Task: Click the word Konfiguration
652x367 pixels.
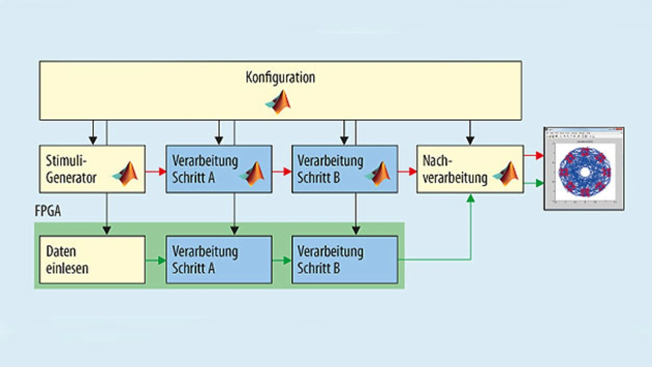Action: (281, 77)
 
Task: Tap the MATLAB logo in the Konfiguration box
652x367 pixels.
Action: (279, 102)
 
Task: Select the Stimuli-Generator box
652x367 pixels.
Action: (92, 169)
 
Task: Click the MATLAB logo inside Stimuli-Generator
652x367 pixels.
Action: (126, 173)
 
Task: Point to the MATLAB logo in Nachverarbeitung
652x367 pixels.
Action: (506, 174)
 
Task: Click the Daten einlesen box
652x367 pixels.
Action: (92, 260)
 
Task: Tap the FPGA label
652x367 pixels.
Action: (48, 211)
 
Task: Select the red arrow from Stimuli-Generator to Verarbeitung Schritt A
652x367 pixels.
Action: (155, 172)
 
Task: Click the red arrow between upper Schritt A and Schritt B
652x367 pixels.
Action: (281, 172)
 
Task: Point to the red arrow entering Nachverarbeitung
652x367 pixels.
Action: (407, 172)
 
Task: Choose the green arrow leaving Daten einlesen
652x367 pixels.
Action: (155, 261)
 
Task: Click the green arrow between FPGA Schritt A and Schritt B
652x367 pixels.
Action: (281, 261)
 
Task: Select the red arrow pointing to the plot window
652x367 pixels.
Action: (533, 155)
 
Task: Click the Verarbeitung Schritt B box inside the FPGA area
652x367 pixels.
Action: (344, 260)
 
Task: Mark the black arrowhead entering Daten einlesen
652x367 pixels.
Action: (106, 230)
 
